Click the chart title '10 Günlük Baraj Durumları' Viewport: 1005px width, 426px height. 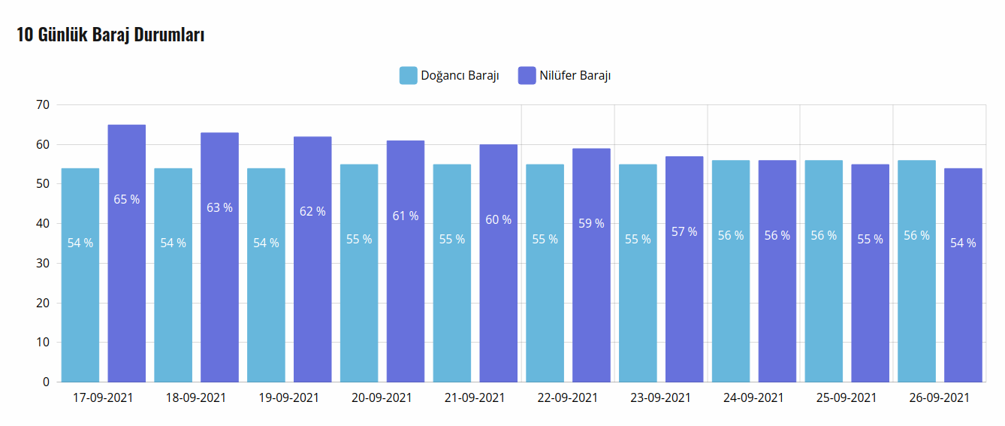pyautogui.click(x=110, y=35)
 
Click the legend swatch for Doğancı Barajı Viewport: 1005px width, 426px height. pyautogui.click(x=408, y=76)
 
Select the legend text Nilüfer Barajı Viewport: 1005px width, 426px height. pyautogui.click(x=575, y=76)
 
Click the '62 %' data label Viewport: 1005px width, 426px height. pyautogui.click(x=312, y=212)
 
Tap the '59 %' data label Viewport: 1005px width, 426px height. pyautogui.click(x=591, y=223)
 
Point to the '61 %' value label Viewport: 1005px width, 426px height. pyautogui.click(x=406, y=216)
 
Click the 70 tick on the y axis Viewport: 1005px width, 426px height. pyautogui.click(x=42, y=105)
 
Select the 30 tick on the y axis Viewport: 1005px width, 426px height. pyautogui.click(x=42, y=264)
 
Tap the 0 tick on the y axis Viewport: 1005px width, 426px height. pyautogui.click(x=46, y=382)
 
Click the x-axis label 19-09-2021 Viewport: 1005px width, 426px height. pyautogui.click(x=288, y=397)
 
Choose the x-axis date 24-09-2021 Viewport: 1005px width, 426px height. pyautogui.click(x=753, y=397)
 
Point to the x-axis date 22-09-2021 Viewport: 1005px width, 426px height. pyautogui.click(x=567, y=397)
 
